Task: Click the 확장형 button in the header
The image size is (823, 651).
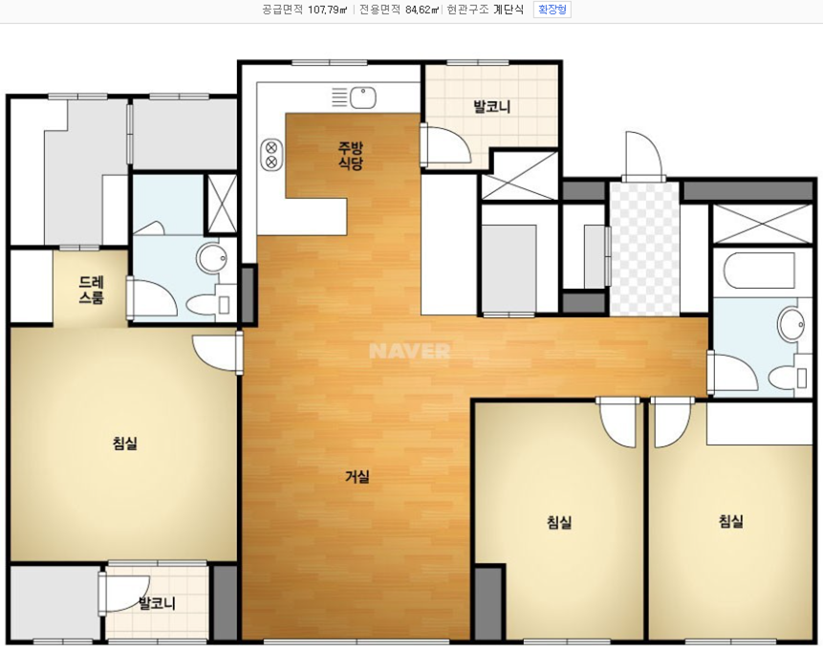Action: (552, 10)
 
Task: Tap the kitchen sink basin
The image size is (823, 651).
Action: (362, 98)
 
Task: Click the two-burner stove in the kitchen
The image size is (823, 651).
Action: (271, 154)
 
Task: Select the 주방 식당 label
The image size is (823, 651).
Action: (350, 155)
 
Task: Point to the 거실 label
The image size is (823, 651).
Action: (357, 477)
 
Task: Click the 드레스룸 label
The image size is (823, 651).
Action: (92, 290)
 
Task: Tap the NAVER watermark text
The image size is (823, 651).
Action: (409, 351)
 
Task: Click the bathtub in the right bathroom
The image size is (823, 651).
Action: (760, 271)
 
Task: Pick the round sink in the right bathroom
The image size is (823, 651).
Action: (791, 324)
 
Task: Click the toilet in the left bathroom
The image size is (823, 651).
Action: (207, 305)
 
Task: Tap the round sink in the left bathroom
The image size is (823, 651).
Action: (211, 258)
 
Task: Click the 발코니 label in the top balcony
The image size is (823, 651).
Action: (492, 107)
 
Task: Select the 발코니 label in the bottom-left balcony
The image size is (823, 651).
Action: (157, 603)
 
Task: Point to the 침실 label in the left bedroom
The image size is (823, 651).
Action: (125, 444)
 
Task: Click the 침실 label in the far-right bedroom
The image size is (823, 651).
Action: (731, 521)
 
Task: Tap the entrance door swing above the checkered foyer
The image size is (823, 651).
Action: (641, 156)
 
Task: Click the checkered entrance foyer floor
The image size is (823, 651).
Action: (644, 249)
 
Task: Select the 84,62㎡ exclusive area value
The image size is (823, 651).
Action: (422, 10)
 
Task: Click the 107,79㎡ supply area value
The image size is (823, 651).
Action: (328, 10)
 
